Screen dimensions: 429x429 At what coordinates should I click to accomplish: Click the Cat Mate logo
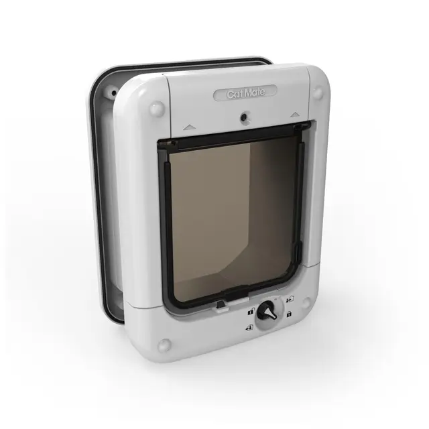(246, 94)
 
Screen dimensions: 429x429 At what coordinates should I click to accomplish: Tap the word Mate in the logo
(255, 93)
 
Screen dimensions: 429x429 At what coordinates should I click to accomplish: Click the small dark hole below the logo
(243, 118)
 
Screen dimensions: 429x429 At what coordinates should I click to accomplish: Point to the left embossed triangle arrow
(188, 127)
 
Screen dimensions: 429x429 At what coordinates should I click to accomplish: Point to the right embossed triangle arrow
(295, 115)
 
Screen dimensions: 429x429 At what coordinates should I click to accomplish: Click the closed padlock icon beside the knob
(289, 314)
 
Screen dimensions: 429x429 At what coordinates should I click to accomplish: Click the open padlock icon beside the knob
(251, 311)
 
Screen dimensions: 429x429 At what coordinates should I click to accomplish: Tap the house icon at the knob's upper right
(290, 299)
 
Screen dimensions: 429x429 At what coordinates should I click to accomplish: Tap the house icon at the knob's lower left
(249, 327)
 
